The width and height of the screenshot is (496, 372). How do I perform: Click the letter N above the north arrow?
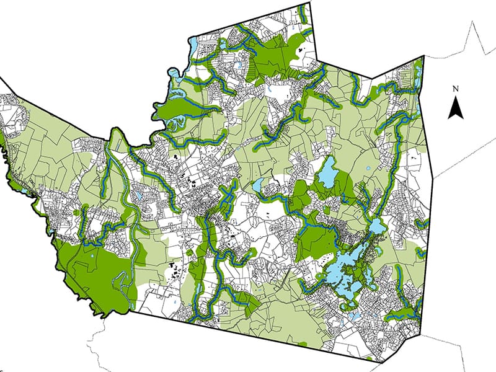coord(456,89)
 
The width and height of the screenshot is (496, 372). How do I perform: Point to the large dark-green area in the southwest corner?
coord(93,273)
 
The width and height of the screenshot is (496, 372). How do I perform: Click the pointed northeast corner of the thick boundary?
coord(423,56)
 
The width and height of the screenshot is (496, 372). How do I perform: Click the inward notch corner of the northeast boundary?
coord(371,79)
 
